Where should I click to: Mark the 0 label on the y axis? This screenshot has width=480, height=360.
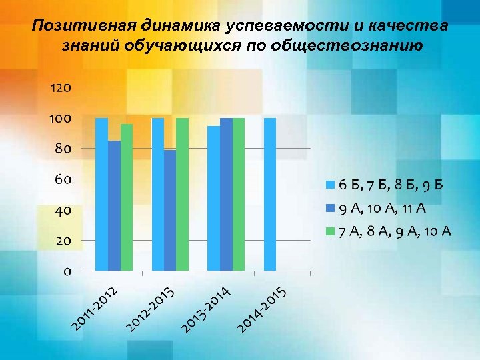(x=67, y=271)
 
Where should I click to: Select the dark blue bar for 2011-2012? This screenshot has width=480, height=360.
(x=114, y=206)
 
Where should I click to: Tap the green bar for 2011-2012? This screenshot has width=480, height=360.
(x=127, y=197)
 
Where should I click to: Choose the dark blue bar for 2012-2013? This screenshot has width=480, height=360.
(x=170, y=211)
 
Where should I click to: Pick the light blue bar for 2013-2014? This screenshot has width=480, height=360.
(x=213, y=199)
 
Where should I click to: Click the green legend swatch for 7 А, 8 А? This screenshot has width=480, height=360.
(x=331, y=231)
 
